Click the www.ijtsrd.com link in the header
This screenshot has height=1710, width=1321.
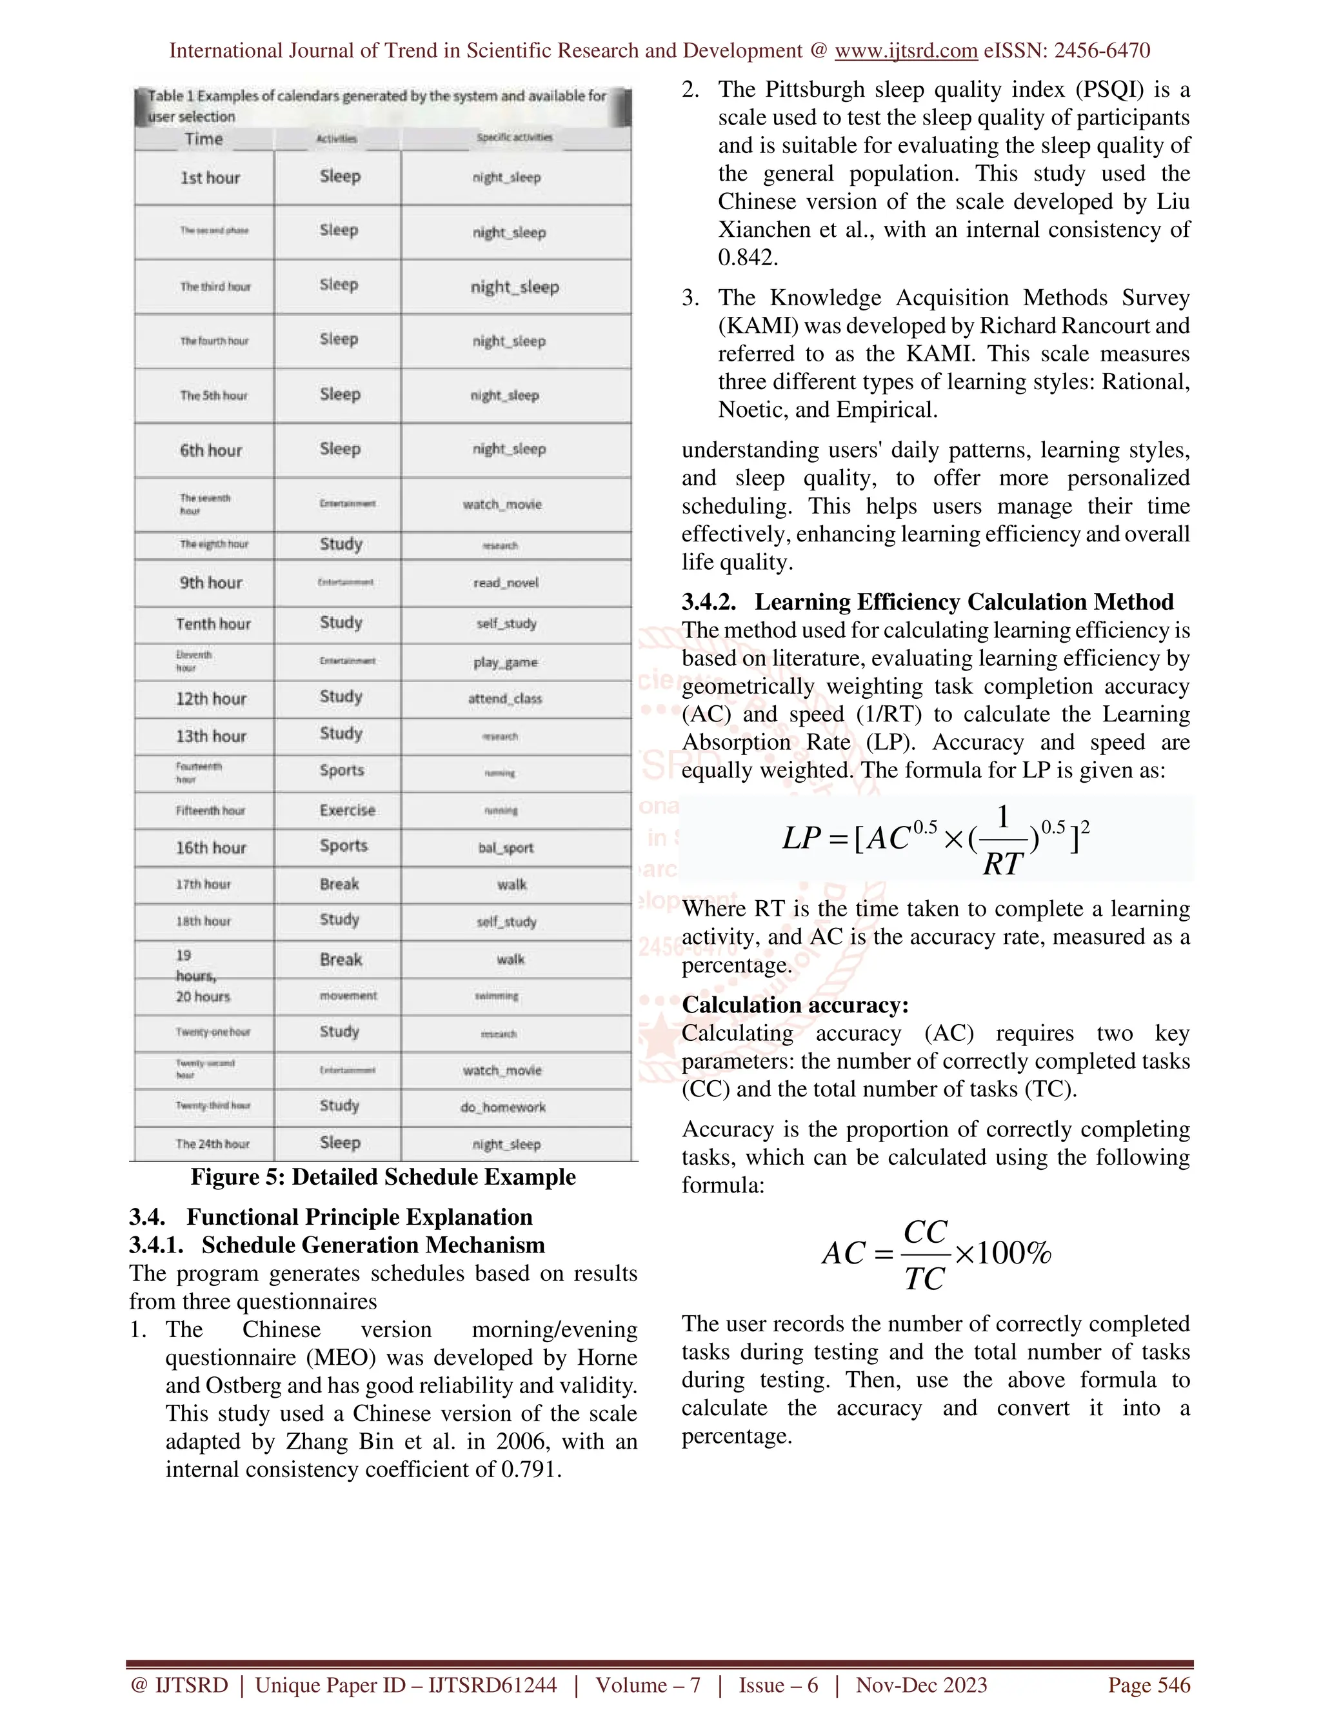tap(906, 51)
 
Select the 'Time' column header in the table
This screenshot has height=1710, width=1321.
tap(203, 139)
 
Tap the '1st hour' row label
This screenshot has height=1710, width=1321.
tap(210, 177)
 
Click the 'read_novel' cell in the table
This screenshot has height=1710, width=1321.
tap(506, 583)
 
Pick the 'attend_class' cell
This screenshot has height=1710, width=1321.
tap(505, 698)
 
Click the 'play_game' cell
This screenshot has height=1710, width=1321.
tap(506, 663)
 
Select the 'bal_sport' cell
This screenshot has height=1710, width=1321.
tap(506, 847)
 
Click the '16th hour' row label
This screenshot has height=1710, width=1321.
tap(210, 847)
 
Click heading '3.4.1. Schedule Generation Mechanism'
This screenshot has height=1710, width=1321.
tap(337, 1245)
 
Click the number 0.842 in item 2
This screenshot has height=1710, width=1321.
tap(748, 257)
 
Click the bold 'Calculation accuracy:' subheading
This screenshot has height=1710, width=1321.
tap(795, 1005)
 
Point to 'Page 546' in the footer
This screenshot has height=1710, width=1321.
tap(1148, 1685)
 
